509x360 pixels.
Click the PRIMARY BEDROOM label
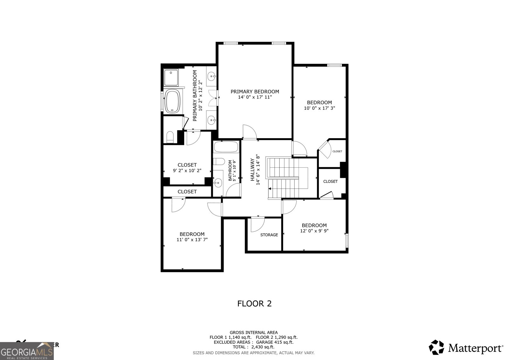(x=254, y=92)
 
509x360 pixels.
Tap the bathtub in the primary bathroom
(x=172, y=102)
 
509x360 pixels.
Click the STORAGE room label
(x=269, y=235)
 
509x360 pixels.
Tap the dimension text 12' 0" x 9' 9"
(x=314, y=231)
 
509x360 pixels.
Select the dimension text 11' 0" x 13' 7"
(x=192, y=239)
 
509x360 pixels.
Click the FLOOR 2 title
(x=254, y=303)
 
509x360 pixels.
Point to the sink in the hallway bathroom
(x=218, y=182)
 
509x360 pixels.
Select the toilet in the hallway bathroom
(x=219, y=162)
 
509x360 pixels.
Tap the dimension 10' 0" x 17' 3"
(x=319, y=108)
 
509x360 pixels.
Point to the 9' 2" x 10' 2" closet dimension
(x=187, y=171)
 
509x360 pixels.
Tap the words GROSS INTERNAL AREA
(x=254, y=332)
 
